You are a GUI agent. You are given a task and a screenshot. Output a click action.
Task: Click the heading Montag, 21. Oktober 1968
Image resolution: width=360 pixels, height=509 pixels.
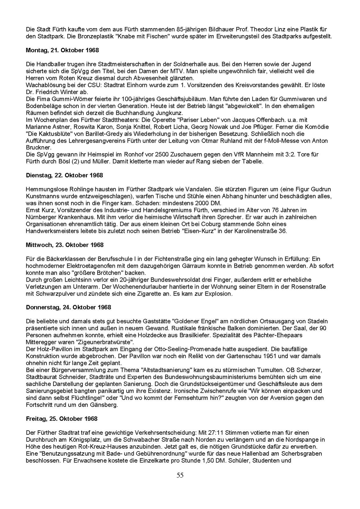(x=62, y=50)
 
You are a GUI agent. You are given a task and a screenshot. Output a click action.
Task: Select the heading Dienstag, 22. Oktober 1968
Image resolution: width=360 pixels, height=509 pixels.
(x=64, y=175)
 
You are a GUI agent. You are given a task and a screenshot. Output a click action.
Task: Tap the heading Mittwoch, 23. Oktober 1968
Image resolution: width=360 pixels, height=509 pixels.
(x=65, y=245)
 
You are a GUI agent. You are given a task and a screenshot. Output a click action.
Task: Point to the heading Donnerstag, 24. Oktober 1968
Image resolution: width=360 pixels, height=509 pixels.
(x=68, y=307)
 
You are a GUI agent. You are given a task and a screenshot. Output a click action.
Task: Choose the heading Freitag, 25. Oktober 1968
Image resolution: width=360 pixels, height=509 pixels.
(x=62, y=419)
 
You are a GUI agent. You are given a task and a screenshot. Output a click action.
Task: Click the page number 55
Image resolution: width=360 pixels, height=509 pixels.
(x=180, y=475)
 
